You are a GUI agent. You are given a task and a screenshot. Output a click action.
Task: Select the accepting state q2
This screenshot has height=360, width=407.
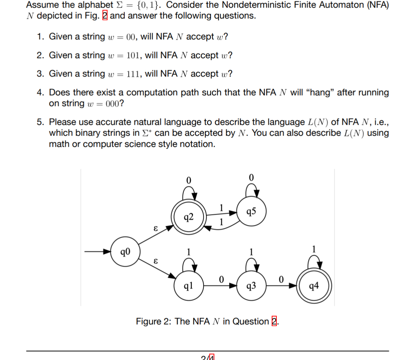188,217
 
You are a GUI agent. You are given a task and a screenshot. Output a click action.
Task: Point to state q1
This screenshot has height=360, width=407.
188,286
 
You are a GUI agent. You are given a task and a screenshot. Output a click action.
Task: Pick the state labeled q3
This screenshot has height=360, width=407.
251,286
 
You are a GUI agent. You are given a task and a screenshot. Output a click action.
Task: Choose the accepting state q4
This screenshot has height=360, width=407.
314,286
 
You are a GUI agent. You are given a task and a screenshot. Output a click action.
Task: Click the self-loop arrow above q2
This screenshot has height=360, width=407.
189,195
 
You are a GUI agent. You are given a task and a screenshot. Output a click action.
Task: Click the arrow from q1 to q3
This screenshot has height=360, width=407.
220,286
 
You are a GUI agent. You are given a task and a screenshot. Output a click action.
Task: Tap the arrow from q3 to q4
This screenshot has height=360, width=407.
283,286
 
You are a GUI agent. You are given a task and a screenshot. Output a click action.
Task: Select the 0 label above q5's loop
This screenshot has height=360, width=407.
251,177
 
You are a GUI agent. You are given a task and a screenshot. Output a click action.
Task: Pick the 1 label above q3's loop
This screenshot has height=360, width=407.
251,251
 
